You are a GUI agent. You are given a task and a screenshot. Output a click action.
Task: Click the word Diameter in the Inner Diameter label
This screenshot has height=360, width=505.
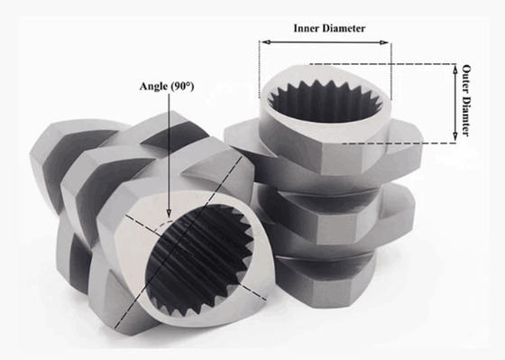(344, 28)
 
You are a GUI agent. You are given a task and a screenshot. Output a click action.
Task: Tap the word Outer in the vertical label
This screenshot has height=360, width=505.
(466, 78)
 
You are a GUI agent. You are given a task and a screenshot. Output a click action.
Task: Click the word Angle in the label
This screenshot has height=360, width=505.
(153, 87)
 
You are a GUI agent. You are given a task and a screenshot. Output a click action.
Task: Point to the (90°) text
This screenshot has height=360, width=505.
(182, 87)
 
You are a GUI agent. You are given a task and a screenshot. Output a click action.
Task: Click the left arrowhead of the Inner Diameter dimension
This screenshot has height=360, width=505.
(265, 42)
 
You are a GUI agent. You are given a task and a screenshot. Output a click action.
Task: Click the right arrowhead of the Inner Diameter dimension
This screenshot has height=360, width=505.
(384, 42)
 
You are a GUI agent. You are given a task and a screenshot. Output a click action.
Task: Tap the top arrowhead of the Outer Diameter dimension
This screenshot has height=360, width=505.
(454, 69)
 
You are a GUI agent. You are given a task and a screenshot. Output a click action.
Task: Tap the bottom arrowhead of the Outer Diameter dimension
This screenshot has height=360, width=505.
(454, 137)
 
